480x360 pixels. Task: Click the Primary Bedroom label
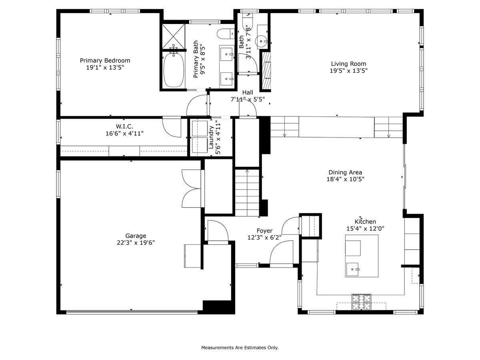pos(105,60)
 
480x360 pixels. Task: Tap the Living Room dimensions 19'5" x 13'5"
pos(348,71)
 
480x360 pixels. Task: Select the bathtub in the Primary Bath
pos(174,70)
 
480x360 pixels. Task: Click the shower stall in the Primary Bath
pos(174,37)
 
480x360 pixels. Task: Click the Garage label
pos(136,236)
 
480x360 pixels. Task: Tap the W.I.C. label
pos(124,126)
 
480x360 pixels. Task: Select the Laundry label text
pos(211,137)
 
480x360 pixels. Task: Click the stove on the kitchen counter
pos(361,302)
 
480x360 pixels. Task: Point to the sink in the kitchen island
pos(352,269)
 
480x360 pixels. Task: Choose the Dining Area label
pos(345,172)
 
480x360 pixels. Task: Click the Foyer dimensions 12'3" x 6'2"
pos(264,237)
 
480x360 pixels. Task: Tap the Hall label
pos(248,92)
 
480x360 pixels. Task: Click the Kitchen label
pos(365,222)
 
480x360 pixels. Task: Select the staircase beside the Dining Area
pos(247,192)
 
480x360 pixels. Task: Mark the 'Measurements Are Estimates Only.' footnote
pos(240,348)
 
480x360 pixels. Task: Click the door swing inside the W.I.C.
pos(172,128)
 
